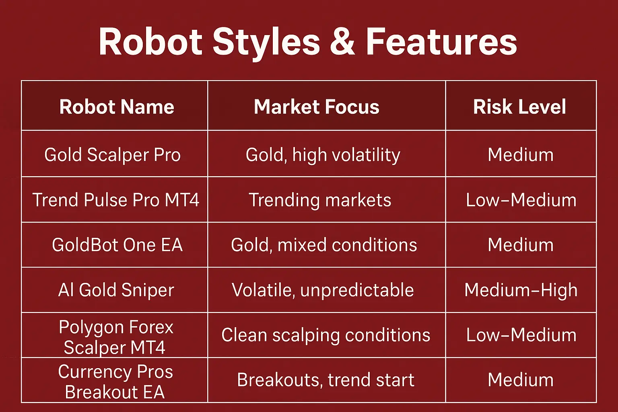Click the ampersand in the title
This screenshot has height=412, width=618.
(342, 42)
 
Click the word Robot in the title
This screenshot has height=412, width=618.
(150, 42)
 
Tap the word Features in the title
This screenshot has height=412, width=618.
(441, 42)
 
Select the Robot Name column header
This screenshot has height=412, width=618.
(117, 107)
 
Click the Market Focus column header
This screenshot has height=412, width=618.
(317, 107)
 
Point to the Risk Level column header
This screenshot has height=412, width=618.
(519, 107)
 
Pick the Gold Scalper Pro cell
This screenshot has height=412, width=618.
(113, 155)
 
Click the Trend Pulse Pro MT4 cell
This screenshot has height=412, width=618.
(116, 200)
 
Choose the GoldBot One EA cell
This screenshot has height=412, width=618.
(117, 245)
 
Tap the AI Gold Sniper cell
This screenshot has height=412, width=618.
(116, 290)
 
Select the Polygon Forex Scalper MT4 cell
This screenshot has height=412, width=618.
(115, 337)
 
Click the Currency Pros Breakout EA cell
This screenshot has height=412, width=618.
(115, 382)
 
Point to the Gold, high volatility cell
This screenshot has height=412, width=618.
(323, 155)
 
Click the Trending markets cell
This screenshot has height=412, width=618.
(320, 200)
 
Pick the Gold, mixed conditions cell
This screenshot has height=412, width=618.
(324, 245)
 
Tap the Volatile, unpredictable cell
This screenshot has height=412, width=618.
(323, 290)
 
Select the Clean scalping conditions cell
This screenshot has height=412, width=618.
(325, 335)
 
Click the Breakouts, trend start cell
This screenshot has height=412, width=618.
(325, 380)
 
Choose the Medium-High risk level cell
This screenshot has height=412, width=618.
(521, 290)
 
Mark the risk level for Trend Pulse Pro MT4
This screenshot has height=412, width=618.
(521, 200)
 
